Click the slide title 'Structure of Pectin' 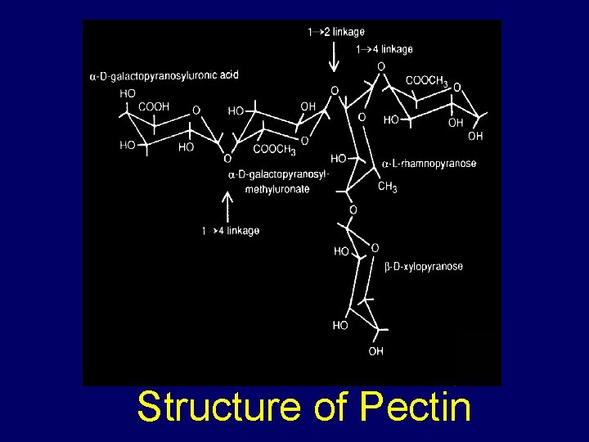coord(303,407)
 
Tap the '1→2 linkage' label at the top coord(335,32)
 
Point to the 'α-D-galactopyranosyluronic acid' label coord(164,76)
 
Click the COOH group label coord(154,106)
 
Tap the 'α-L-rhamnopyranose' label coord(429,164)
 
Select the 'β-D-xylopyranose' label coord(424,267)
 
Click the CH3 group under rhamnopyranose coord(387,187)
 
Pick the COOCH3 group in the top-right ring coord(426,80)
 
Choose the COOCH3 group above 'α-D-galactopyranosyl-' coord(274,149)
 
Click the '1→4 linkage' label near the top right coord(384,50)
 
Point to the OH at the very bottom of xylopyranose coord(375,351)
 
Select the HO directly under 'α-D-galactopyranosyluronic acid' coord(128,94)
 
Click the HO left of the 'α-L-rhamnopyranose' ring coord(339,158)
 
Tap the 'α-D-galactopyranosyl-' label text coord(278,174)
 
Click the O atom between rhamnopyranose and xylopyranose coord(353,210)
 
